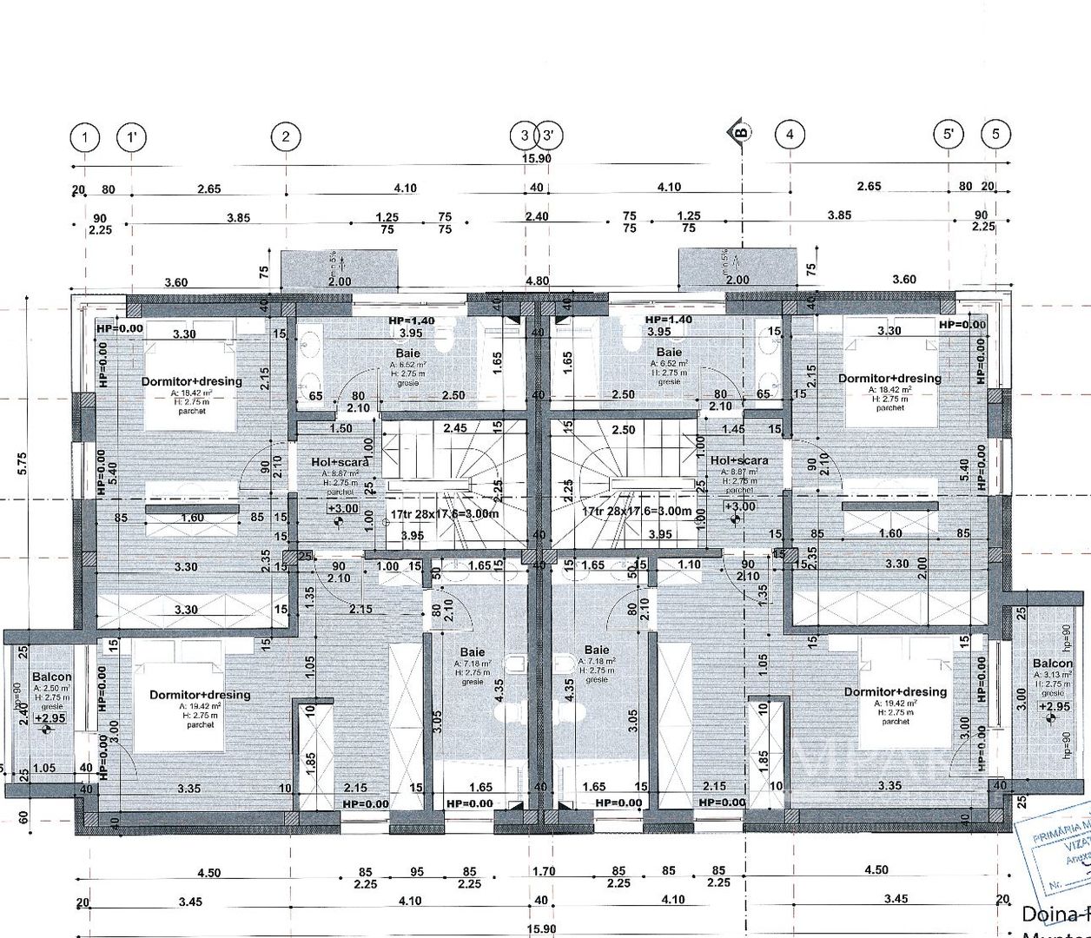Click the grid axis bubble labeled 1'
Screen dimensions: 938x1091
point(131,137)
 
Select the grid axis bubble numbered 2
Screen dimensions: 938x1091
point(285,136)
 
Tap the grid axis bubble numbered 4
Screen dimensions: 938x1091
point(790,135)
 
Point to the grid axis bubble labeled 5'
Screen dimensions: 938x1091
point(949,135)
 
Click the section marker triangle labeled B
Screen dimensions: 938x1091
point(740,132)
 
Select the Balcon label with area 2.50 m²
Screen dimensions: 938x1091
point(51,677)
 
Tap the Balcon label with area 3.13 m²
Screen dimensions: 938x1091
point(1053,664)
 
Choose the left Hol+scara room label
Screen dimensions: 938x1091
point(340,462)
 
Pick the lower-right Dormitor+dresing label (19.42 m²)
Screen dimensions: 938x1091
point(896,691)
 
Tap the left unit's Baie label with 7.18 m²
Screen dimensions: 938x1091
point(473,652)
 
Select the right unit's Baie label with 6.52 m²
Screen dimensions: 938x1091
point(669,353)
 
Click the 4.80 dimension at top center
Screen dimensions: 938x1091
point(538,281)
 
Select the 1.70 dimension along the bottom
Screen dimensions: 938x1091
point(544,870)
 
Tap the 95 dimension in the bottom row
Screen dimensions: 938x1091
point(417,871)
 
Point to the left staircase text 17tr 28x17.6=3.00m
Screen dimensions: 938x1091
point(444,513)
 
